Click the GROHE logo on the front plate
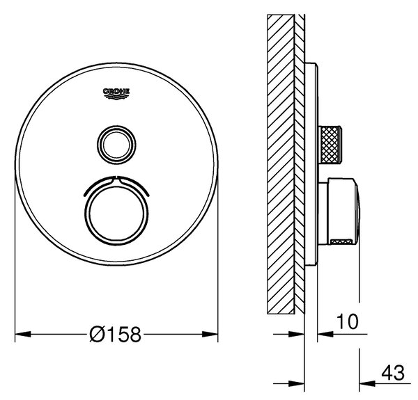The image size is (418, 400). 116,94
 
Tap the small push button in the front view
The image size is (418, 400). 116,145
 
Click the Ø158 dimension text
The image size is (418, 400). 115,335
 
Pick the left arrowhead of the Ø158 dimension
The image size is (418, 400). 23,334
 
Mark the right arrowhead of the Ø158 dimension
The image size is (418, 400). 210,334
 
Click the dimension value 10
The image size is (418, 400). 348,321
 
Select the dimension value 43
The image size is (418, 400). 393,373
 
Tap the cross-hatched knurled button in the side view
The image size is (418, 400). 330,145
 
